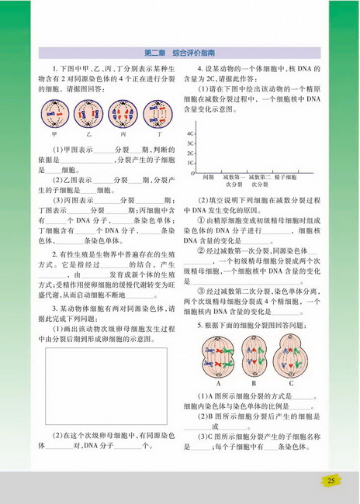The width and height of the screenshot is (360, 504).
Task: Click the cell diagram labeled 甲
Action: pos(54,115)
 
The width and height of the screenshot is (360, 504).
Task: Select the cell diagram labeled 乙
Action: pos(88,115)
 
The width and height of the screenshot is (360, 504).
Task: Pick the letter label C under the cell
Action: pos(292,384)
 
